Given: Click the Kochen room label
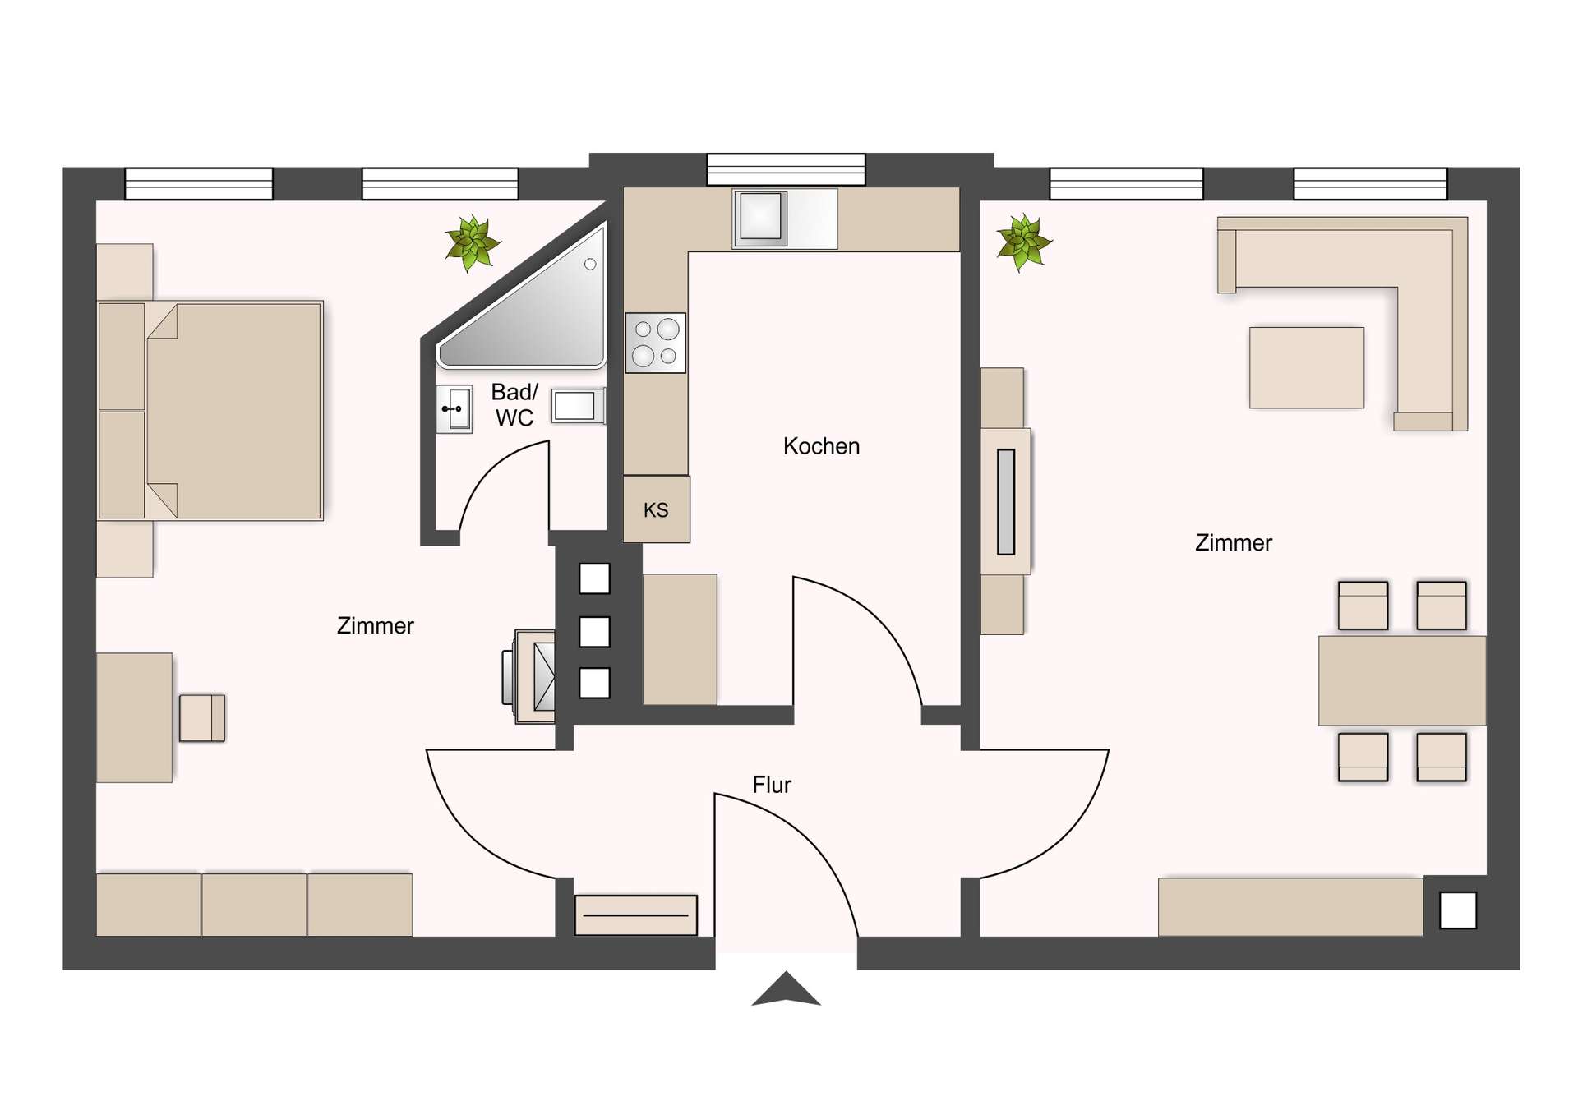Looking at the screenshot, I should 821,446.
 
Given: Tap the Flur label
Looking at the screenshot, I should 771,785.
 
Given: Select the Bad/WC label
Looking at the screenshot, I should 514,404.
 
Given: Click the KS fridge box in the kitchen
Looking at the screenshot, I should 656,509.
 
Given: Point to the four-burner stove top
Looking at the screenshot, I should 656,343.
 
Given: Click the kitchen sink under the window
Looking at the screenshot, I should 761,218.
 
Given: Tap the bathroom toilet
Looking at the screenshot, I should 577,406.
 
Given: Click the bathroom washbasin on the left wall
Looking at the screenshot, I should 454,408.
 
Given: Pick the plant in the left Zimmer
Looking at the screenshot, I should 472,242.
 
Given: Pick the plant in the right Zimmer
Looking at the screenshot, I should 1023,242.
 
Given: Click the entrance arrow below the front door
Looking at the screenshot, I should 786,989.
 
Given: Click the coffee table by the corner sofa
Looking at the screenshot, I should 1306,367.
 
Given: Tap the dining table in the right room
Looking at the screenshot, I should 1401,680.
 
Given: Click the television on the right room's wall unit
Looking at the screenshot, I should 1006,501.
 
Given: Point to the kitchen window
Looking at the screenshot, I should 786,169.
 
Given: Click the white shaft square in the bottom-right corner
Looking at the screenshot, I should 1458,910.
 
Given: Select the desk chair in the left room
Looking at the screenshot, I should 202,717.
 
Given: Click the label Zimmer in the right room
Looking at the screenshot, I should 1233,542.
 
